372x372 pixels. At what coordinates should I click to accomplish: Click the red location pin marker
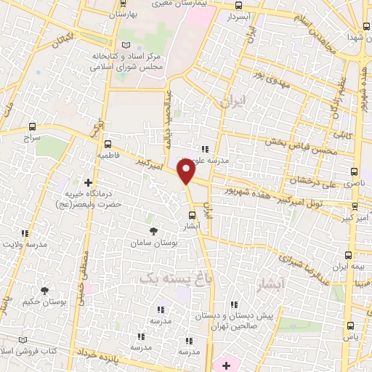(187, 171)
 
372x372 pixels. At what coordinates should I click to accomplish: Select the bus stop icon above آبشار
(192, 215)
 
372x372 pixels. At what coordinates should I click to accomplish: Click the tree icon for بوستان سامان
(152, 230)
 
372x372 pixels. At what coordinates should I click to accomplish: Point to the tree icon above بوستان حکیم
(45, 291)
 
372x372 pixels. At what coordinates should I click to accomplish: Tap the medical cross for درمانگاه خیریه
(88, 182)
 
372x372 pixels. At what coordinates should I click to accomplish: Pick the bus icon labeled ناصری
(354, 173)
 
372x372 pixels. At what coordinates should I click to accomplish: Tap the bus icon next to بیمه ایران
(348, 255)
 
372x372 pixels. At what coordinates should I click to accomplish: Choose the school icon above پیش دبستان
(234, 306)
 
